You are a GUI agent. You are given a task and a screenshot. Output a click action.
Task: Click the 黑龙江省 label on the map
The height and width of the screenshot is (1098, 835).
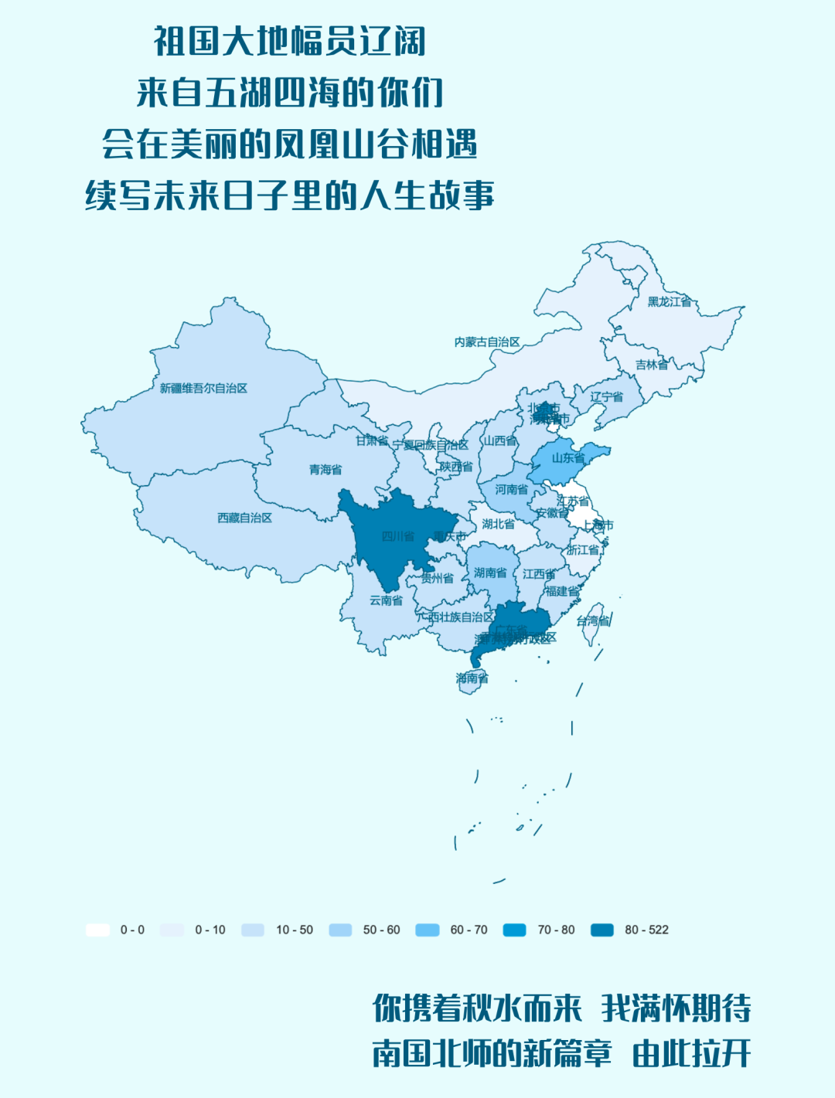[670, 302]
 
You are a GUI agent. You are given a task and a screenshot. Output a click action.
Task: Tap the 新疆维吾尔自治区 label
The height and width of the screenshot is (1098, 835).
[203, 388]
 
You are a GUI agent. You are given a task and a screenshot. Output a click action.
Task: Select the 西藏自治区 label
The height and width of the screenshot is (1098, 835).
[244, 518]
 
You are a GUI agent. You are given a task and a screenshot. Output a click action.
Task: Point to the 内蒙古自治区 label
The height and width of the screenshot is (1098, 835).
[486, 342]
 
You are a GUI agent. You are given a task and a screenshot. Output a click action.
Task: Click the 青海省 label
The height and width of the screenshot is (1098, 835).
[325, 470]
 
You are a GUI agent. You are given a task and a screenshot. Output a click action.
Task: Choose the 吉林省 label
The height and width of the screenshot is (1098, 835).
[652, 365]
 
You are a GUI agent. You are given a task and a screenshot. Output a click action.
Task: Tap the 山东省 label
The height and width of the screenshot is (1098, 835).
[568, 458]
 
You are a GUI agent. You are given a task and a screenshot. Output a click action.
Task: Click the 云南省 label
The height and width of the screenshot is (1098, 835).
[386, 600]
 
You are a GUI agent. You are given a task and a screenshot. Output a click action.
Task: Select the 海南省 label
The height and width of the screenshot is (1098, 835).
[472, 678]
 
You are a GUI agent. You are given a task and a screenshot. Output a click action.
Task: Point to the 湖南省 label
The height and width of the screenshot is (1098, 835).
[490, 573]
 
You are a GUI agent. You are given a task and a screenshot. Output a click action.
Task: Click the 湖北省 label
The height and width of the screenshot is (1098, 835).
[498, 524]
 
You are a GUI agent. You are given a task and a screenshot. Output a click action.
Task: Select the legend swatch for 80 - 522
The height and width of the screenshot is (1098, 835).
[602, 930]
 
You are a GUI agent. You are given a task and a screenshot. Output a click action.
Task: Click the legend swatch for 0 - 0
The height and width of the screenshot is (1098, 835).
[97, 930]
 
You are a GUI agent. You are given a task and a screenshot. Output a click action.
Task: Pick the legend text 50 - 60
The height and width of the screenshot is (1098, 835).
[382, 930]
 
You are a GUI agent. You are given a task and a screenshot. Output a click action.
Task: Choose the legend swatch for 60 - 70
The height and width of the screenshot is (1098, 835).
[428, 930]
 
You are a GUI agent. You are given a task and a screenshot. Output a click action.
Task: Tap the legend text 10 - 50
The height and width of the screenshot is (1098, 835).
[295, 930]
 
